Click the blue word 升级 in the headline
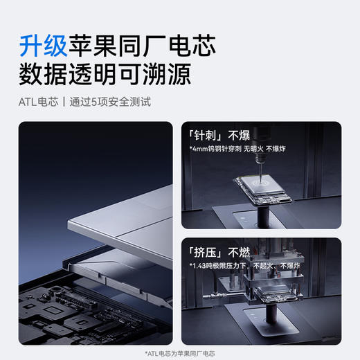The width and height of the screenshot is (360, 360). click(x=43, y=46)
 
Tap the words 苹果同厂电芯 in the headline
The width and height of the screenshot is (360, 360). click(x=141, y=46)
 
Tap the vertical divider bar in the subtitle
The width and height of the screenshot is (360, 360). click(x=64, y=102)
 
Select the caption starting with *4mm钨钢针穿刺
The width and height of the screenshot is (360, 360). click(x=250, y=149)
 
